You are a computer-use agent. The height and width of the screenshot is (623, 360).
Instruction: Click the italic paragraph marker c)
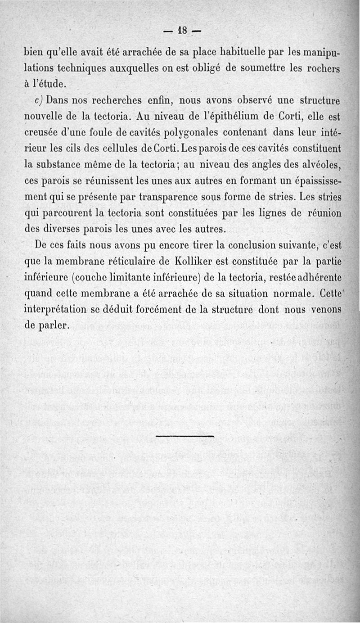pos(40,100)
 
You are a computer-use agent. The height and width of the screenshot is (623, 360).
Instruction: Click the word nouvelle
pos(43,116)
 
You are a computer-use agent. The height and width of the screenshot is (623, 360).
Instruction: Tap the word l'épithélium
pos(221,116)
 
